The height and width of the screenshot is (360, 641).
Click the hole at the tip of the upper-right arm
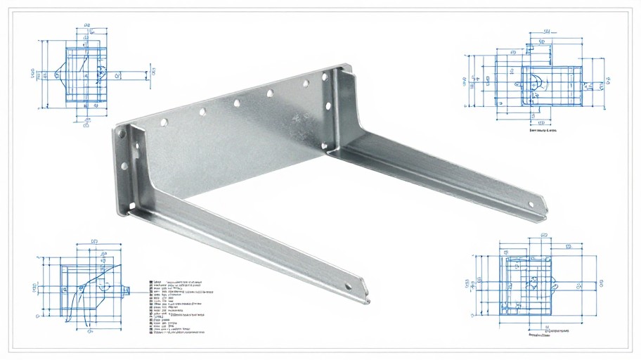[531, 205]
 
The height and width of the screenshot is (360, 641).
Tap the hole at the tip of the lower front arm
[347, 286]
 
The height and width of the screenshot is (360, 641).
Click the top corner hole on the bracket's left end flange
[122, 132]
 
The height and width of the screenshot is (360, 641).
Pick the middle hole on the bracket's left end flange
[124, 167]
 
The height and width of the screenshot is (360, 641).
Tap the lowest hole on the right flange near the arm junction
[324, 145]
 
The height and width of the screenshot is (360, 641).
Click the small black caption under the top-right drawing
[543, 131]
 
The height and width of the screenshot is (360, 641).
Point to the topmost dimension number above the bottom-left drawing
[95, 242]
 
